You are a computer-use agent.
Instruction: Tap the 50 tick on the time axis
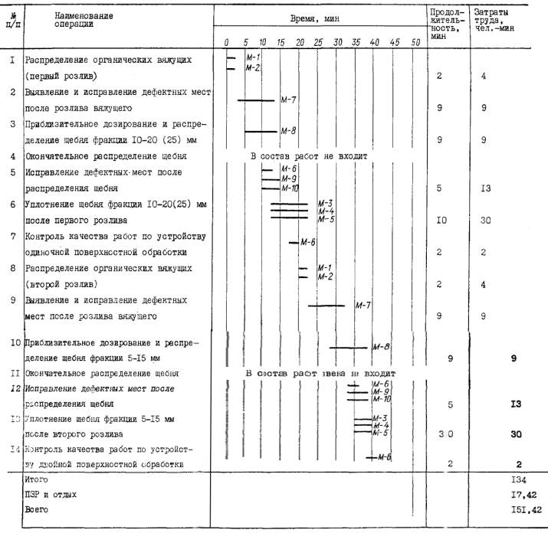click(x=415, y=42)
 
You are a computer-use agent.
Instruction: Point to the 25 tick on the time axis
click(x=319, y=42)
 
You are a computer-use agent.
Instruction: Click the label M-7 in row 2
click(x=289, y=100)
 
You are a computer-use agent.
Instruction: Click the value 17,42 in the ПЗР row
click(x=526, y=493)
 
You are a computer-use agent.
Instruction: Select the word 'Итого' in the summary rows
click(x=37, y=478)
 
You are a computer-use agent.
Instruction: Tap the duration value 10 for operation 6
click(x=441, y=220)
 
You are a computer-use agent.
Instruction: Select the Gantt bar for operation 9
click(x=327, y=306)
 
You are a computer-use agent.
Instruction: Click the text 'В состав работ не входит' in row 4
click(x=310, y=155)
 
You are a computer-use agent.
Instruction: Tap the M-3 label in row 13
click(x=379, y=417)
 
